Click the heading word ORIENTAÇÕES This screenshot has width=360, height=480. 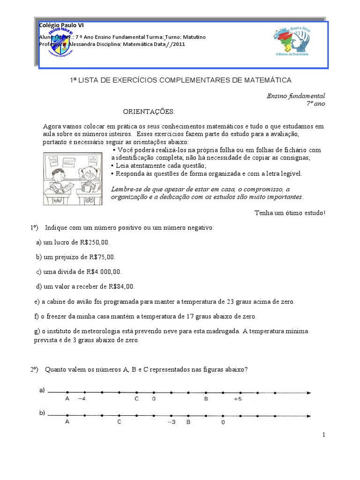pyautogui.click(x=149, y=112)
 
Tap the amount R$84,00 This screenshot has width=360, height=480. pyautogui.click(x=121, y=286)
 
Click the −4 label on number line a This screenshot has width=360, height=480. pyautogui.click(x=82, y=399)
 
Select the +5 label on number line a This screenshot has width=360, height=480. pyautogui.click(x=238, y=399)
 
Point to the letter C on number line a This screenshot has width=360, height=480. pyautogui.click(x=136, y=399)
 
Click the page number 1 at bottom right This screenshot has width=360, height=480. pyautogui.click(x=323, y=435)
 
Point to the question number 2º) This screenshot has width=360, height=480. pyautogui.click(x=34, y=369)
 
